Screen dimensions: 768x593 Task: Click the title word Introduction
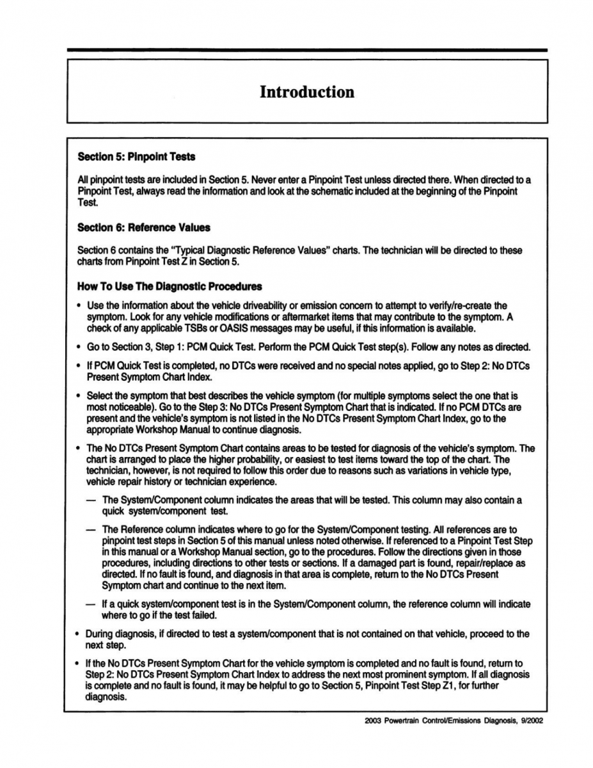click(306, 92)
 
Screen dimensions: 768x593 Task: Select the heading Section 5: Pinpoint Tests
click(136, 156)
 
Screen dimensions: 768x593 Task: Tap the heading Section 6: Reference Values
click(143, 227)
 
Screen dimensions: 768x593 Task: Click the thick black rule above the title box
click(306, 50)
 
